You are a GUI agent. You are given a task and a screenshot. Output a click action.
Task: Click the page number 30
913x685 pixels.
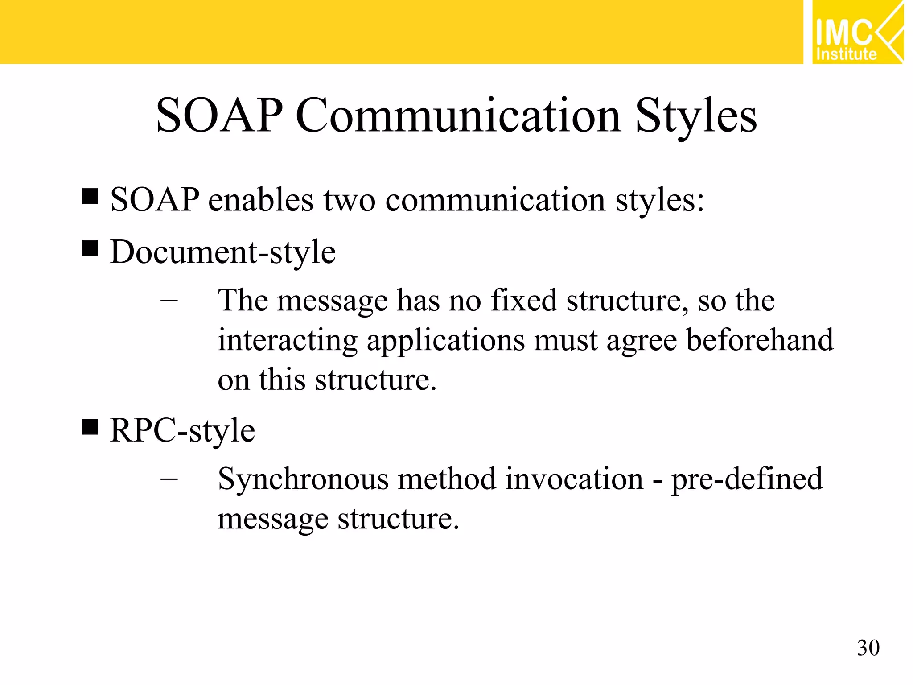[868, 648]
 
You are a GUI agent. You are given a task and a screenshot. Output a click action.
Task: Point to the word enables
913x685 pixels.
[261, 199]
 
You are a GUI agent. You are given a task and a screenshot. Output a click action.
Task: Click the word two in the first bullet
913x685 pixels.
[349, 199]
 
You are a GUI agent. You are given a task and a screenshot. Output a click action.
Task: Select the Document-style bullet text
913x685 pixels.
[223, 252]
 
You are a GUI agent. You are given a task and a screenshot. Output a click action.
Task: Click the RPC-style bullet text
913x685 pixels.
[182, 431]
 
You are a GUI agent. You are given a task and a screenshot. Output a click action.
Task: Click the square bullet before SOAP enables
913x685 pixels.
[90, 196]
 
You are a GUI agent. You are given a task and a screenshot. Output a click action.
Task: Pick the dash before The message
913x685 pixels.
[169, 301]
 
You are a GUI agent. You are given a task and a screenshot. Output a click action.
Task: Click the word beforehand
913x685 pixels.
[759, 340]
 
